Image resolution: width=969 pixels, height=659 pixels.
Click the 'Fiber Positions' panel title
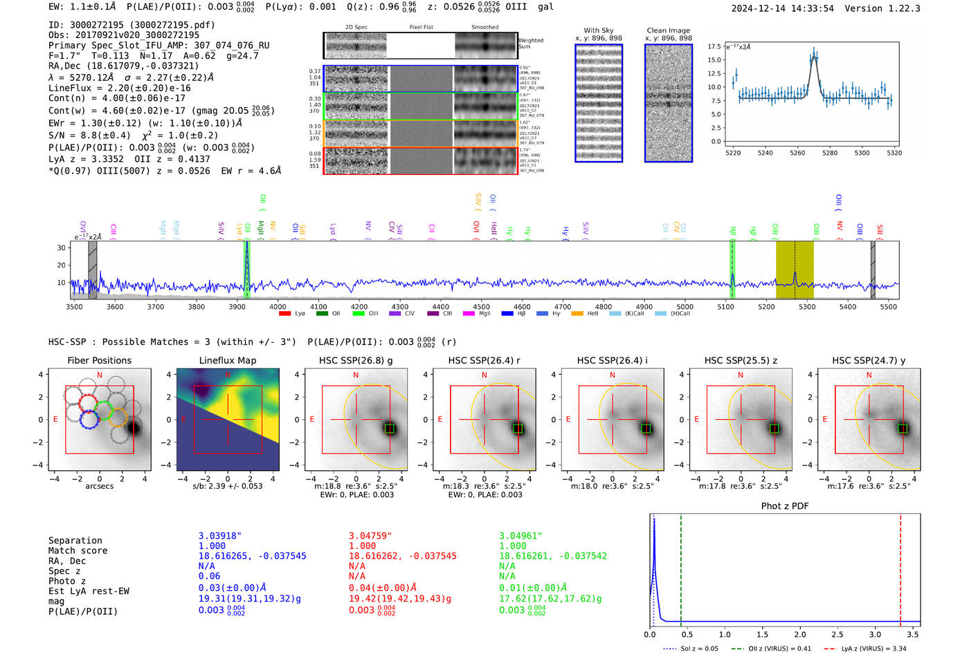pyautogui.click(x=99, y=360)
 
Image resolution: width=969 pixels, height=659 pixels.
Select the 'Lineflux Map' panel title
pyautogui.click(x=227, y=360)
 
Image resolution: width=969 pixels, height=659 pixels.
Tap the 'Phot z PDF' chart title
pyautogui.click(x=785, y=505)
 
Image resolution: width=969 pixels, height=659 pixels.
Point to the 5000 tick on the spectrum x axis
pyautogui.click(x=685, y=306)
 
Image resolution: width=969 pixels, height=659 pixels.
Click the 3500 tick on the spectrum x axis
pyautogui.click(x=74, y=306)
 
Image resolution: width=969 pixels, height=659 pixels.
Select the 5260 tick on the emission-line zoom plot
pyautogui.click(x=797, y=153)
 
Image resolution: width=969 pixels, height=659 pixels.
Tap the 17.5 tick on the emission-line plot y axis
pyautogui.click(x=714, y=46)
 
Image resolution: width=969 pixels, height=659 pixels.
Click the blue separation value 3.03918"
pyautogui.click(x=220, y=536)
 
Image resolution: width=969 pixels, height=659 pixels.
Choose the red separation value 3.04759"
pyautogui.click(x=370, y=536)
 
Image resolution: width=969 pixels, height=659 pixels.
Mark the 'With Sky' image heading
pyautogui.click(x=599, y=30)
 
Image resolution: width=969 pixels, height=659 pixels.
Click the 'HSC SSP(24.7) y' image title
pyautogui.click(x=869, y=360)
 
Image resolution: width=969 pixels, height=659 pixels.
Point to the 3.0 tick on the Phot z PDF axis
pyautogui.click(x=875, y=634)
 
